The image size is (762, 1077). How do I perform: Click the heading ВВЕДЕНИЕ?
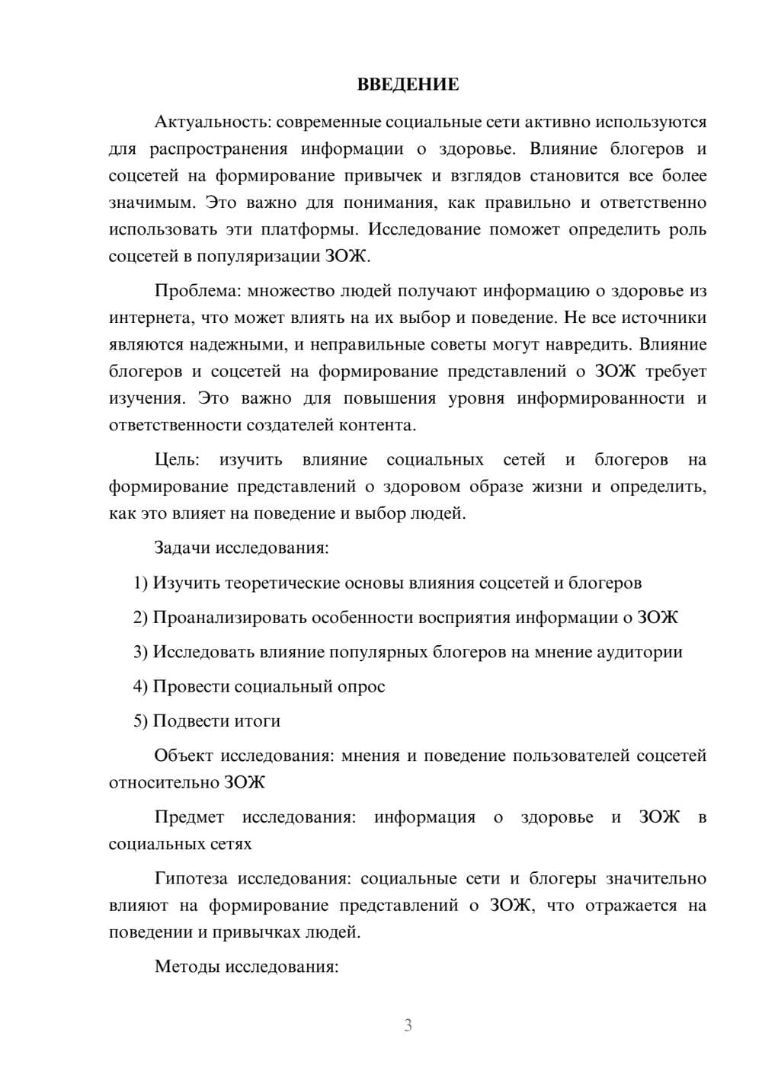point(408,85)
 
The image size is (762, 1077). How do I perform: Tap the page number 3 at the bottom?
point(408,1025)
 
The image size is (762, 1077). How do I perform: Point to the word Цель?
point(176,460)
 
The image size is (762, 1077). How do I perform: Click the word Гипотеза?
point(190,879)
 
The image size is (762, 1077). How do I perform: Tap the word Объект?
point(183,756)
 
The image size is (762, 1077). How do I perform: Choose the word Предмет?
point(189,817)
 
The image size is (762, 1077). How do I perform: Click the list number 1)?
point(140,583)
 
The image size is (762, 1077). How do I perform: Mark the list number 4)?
point(140,686)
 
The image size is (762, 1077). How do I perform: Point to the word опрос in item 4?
point(360,686)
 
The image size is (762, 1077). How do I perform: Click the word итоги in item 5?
point(256,721)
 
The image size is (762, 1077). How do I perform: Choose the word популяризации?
point(257,257)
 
